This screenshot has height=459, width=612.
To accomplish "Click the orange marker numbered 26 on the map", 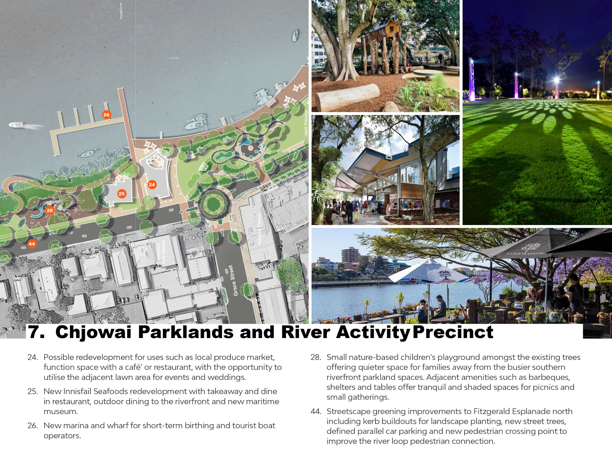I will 106,115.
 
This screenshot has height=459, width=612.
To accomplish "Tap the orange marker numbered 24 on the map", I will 152,185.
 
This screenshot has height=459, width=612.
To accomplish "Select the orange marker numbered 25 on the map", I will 121,194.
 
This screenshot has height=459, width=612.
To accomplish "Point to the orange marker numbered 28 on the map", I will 50,210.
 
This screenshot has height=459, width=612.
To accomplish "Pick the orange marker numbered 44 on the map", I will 32,244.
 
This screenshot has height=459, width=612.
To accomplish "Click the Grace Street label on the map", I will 235,281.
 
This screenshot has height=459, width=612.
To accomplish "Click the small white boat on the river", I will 16,125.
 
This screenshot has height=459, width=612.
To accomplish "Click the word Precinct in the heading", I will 453,332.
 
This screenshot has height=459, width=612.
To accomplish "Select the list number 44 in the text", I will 316,411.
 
